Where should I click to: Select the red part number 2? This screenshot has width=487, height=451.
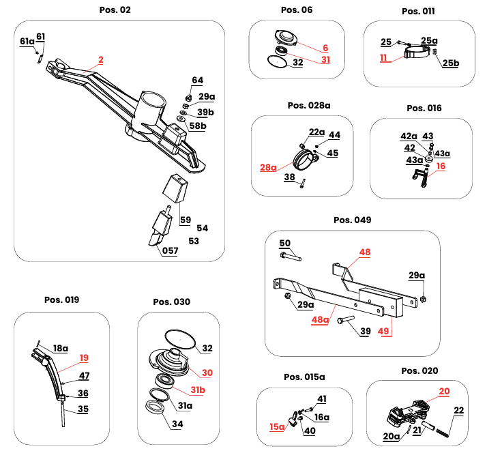(100, 60)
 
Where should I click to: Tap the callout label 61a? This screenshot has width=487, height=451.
(27, 42)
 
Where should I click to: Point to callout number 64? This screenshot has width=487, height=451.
(197, 81)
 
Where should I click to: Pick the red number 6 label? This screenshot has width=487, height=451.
(325, 48)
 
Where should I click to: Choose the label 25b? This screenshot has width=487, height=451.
(451, 63)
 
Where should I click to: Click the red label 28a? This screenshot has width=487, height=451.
(268, 166)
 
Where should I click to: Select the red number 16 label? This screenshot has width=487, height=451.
(440, 166)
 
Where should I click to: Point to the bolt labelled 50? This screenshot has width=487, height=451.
(292, 257)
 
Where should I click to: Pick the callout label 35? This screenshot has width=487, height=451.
(83, 409)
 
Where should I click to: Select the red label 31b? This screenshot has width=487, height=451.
(196, 389)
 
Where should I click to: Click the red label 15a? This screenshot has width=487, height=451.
(277, 426)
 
